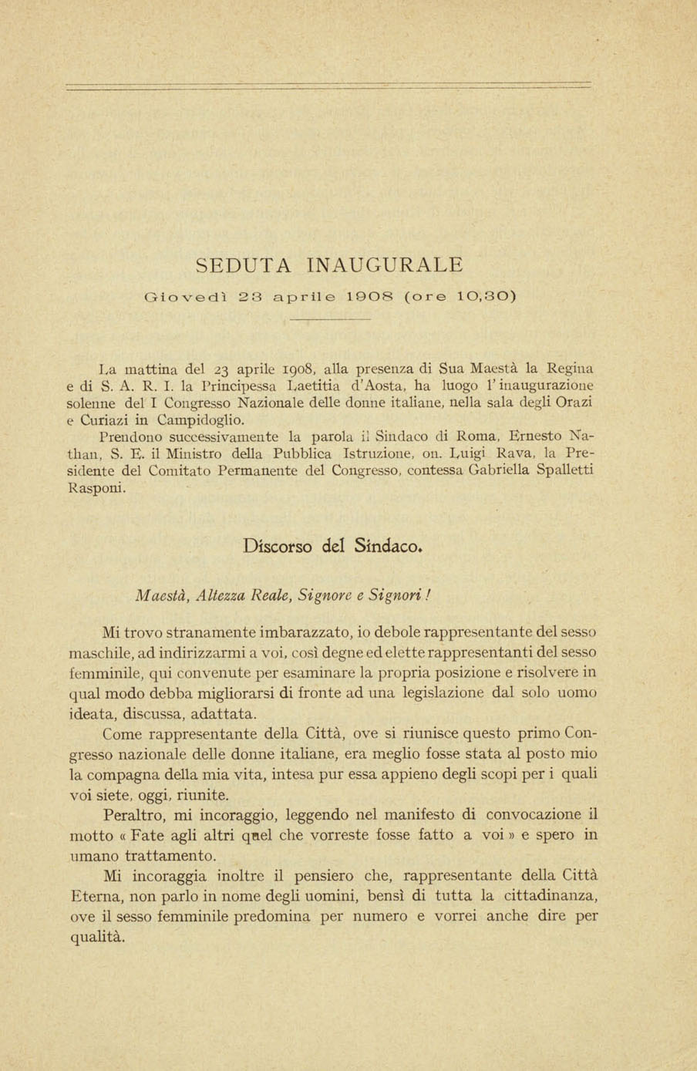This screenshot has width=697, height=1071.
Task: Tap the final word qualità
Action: (x=96, y=938)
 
